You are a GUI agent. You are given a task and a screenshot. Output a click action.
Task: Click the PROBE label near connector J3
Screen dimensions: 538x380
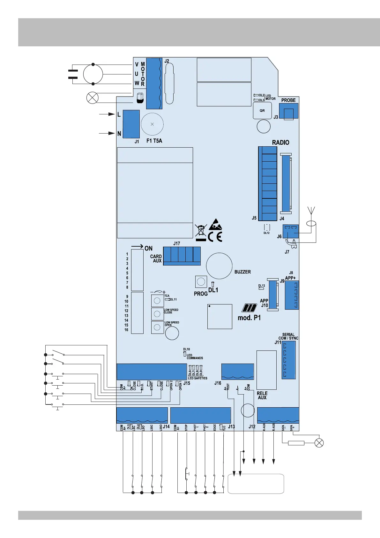pos(288,100)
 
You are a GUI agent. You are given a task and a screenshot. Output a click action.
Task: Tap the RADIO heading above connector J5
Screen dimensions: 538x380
pos(280,142)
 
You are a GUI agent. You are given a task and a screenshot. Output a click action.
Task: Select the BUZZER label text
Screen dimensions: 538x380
pos(242,272)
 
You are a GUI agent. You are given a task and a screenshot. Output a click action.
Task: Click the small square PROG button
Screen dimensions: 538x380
pos(201,281)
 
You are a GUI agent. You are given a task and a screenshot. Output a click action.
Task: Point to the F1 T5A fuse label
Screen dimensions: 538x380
pos(154,141)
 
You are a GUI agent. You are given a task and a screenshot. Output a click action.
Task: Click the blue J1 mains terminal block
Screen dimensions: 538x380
pos(131,124)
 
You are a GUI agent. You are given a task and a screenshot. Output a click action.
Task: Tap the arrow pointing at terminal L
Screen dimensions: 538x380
pos(107,114)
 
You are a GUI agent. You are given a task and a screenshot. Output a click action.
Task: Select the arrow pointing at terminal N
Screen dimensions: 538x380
pos(107,133)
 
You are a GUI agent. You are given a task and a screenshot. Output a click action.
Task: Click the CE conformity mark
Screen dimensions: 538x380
pos(215,237)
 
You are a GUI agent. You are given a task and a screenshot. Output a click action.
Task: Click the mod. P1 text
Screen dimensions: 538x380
pos(249,318)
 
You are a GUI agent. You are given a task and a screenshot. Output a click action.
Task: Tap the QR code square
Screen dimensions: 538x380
pos(262,111)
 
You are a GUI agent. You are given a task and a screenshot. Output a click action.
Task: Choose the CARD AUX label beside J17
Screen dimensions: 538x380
pos(156,258)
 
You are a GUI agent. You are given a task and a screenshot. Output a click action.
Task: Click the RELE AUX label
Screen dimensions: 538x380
pos(262,396)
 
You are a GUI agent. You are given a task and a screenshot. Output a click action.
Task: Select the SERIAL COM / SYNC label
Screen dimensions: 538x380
pos(288,336)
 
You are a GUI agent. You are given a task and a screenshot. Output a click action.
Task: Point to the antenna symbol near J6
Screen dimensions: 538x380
pos(311,211)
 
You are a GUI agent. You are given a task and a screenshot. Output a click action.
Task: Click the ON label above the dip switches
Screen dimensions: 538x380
pos(148,248)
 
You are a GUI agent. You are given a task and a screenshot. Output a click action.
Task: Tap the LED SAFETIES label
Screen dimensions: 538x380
pos(197,378)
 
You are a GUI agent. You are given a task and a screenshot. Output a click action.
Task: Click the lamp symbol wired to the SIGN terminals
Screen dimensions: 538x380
pos(319,443)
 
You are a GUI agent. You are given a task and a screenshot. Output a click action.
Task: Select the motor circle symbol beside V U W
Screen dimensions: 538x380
pos(93,74)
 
